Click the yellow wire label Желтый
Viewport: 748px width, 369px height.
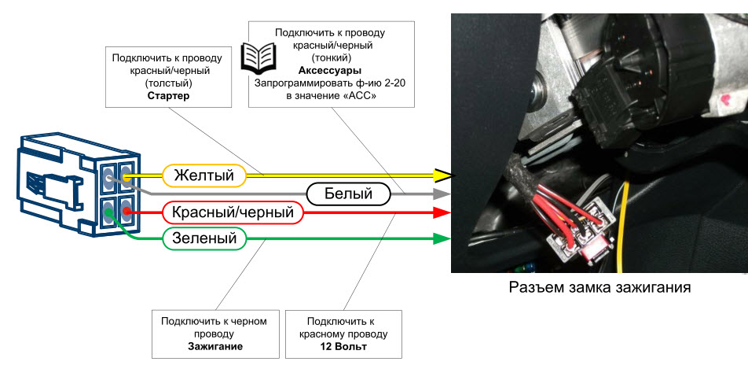point(203,175)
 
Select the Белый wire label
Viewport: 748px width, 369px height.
point(349,193)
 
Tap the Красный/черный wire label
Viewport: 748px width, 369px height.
point(233,212)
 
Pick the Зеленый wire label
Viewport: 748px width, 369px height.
point(204,238)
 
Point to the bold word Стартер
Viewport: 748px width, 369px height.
point(169,97)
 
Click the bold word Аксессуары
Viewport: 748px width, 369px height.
point(329,70)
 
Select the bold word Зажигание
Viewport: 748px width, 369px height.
point(214,346)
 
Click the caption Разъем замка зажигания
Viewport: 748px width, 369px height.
point(600,287)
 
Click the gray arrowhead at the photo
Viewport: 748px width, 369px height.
point(444,193)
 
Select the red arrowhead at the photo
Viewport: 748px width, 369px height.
point(444,212)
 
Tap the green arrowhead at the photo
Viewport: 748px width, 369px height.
point(444,238)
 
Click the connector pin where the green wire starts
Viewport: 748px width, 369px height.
point(108,210)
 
